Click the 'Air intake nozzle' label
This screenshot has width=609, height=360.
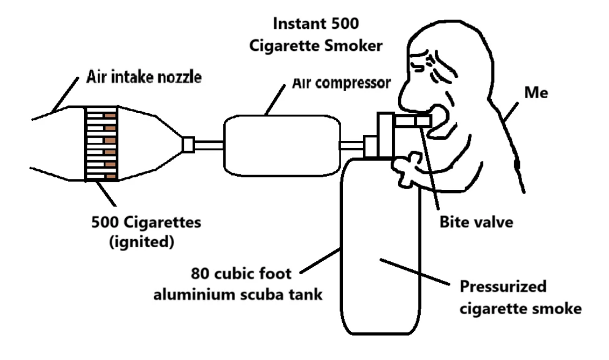(x=144, y=77)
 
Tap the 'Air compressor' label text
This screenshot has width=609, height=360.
(x=341, y=83)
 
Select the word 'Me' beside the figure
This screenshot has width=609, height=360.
(x=536, y=93)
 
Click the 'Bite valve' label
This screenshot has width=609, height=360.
(x=476, y=222)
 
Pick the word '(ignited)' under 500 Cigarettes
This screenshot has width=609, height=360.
(x=142, y=242)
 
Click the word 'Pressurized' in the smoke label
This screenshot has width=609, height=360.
(x=503, y=287)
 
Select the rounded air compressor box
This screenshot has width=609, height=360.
(x=282, y=146)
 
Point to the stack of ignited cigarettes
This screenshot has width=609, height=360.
(x=101, y=143)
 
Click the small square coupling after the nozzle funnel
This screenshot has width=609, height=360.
(x=188, y=144)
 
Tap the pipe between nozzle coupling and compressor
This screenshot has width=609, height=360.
(x=209, y=145)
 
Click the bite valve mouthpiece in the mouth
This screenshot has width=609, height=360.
(x=413, y=121)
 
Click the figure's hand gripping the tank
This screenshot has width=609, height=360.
(x=406, y=168)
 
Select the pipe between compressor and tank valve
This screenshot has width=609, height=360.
(x=352, y=146)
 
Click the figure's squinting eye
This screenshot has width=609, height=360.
(x=421, y=63)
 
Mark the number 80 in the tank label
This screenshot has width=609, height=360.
(x=200, y=273)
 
